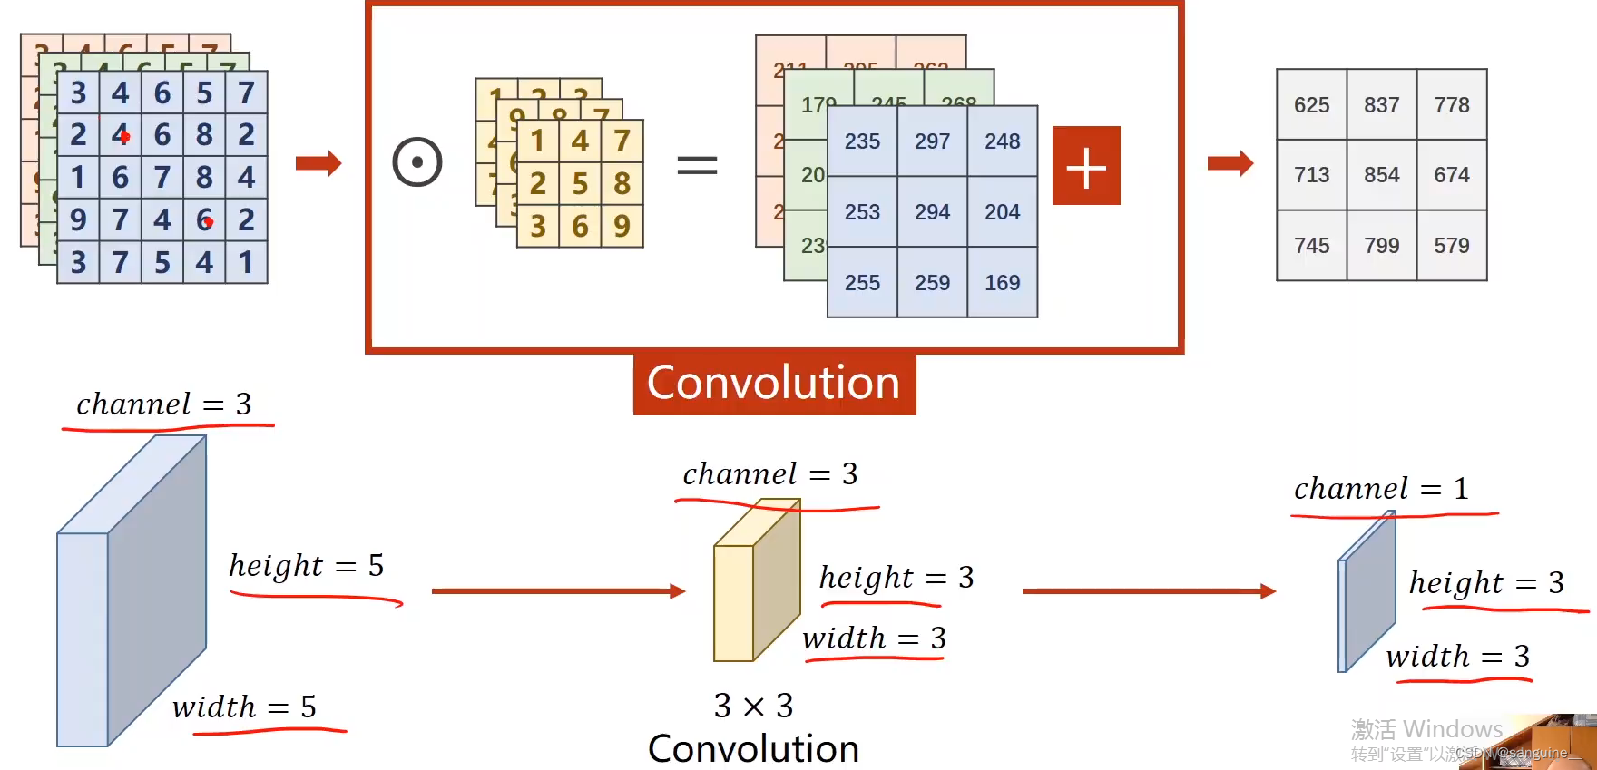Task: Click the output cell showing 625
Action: point(1311,105)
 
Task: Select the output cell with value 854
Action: point(1381,175)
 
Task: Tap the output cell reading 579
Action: point(1451,246)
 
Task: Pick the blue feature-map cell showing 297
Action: point(932,141)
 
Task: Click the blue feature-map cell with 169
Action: point(1002,283)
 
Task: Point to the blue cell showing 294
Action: point(932,212)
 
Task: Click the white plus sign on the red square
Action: point(1086,166)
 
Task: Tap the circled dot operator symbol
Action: point(417,162)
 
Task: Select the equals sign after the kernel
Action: point(697,165)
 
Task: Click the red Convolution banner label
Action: point(774,383)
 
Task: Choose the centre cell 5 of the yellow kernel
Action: point(580,184)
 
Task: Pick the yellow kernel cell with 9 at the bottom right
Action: point(622,226)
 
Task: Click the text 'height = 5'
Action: point(307,566)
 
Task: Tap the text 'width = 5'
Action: point(245,707)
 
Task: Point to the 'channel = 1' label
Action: point(1381,489)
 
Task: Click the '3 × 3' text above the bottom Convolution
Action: point(753,706)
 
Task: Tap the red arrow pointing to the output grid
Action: point(1230,163)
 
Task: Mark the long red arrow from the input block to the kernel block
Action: point(558,591)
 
